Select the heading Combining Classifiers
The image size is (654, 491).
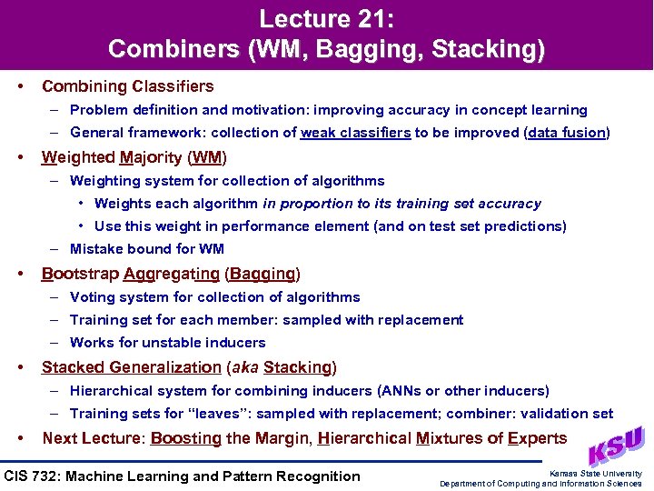pyautogui.click(x=127, y=86)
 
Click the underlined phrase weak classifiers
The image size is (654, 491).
pyautogui.click(x=355, y=133)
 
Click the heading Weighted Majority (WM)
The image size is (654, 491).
pyautogui.click(x=134, y=156)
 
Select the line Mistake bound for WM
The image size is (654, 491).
pyautogui.click(x=147, y=249)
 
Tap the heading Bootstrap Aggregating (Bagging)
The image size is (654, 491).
pyautogui.click(x=171, y=273)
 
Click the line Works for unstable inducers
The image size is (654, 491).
pyautogui.click(x=168, y=343)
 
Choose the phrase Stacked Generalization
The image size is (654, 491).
pyautogui.click(x=131, y=367)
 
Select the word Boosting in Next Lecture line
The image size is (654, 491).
pyautogui.click(x=185, y=438)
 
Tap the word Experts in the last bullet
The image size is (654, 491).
pyautogui.click(x=537, y=438)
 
